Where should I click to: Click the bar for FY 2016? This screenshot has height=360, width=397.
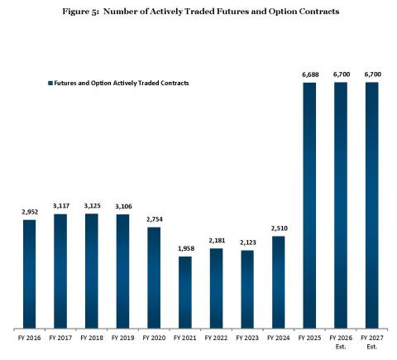(x=30, y=272)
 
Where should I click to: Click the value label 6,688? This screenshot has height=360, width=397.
(x=309, y=74)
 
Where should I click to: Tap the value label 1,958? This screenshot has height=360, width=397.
(x=185, y=249)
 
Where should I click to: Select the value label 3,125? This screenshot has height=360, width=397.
(x=92, y=206)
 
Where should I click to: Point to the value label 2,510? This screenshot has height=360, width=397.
(x=279, y=228)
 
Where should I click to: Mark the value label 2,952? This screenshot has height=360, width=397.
(x=30, y=212)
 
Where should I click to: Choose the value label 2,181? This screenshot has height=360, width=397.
(x=216, y=241)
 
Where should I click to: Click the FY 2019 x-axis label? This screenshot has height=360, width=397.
(x=123, y=338)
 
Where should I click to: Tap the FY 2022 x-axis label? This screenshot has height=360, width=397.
(x=216, y=338)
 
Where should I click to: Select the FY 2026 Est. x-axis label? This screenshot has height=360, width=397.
(x=341, y=342)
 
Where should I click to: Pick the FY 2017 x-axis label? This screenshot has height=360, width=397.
(x=61, y=338)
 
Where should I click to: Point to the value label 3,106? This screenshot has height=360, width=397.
(x=123, y=207)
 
